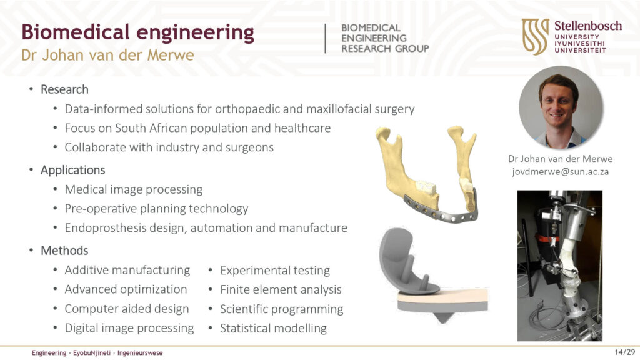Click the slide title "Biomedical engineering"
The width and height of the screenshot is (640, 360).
(138, 32)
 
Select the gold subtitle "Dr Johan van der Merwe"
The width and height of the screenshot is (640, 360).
(107, 55)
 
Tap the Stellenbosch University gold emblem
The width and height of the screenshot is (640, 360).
(535, 36)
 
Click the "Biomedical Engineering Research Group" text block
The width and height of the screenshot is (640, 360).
(385, 38)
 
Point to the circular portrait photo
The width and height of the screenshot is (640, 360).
(561, 107)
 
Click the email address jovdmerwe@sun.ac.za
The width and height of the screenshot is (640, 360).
(561, 172)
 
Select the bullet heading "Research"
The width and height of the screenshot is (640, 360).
(64, 89)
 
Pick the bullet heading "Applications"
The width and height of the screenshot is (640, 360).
(72, 170)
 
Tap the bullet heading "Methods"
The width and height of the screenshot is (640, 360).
(64, 250)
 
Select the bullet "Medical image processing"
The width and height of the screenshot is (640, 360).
(134, 190)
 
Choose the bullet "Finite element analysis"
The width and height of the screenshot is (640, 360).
(281, 290)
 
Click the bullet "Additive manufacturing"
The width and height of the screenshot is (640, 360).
(127, 270)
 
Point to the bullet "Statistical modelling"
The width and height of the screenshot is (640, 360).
(274, 329)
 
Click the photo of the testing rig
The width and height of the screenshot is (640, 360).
(560, 266)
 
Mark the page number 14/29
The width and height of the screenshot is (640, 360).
(625, 352)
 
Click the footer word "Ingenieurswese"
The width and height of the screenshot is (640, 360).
(140, 353)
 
